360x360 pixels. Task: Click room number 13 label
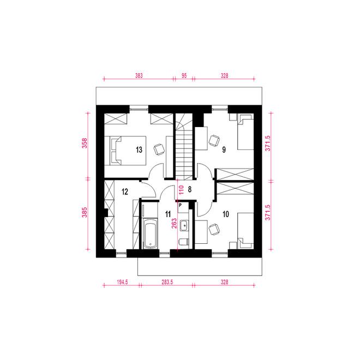139,150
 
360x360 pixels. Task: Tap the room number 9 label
224,149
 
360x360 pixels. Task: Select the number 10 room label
226,214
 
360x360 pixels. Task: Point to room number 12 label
125,191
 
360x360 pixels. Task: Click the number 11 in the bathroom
168,214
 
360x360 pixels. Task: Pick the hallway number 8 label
190,189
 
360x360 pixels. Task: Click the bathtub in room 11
150,233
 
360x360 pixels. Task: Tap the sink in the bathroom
184,225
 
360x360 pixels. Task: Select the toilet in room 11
184,242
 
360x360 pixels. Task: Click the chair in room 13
159,149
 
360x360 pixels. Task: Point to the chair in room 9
214,140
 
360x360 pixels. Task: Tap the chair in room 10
214,229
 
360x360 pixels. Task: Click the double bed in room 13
125,151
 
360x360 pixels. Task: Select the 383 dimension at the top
139,75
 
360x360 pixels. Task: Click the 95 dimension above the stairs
184,75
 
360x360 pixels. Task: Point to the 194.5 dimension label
122,282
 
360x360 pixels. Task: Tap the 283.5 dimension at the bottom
167,282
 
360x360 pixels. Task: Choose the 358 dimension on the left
85,143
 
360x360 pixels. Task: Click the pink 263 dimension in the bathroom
174,224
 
